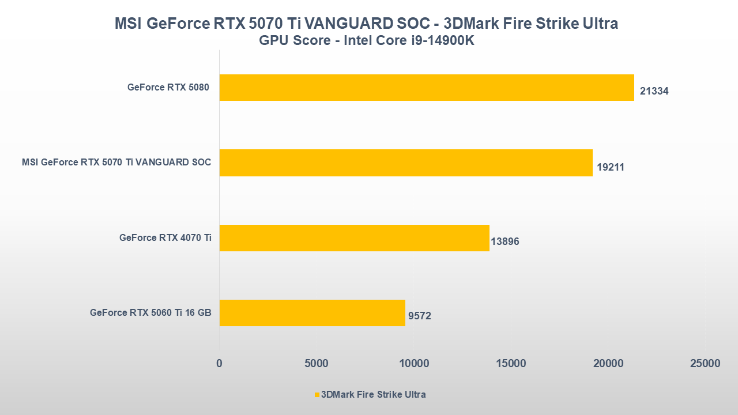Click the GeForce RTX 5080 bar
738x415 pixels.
click(427, 88)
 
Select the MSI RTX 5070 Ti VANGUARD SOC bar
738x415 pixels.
click(406, 163)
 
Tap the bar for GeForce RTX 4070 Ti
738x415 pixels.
click(354, 237)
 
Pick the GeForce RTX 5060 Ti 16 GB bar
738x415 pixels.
click(312, 312)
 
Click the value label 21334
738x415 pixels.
click(654, 91)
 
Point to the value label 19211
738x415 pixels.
click(611, 167)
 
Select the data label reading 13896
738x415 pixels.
click(505, 242)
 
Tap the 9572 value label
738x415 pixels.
click(420, 316)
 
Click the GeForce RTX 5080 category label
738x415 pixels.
click(168, 88)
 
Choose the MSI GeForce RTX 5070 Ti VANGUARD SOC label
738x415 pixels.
click(116, 163)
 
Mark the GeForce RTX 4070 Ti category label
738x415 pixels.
click(165, 237)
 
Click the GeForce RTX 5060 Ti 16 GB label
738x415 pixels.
click(150, 312)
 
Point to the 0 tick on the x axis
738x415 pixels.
click(219, 364)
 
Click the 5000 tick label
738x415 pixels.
click(317, 364)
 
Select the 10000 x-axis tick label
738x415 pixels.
click(414, 364)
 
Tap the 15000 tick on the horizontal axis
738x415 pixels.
click(511, 364)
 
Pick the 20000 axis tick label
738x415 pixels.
click(608, 364)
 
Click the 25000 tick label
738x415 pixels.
click(705, 364)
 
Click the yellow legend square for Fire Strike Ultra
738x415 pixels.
click(317, 395)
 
